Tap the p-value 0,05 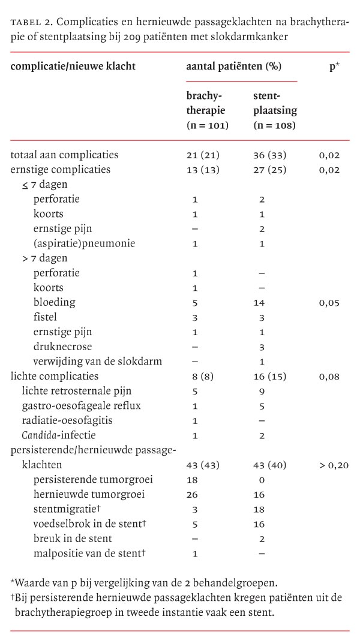tap(329, 303)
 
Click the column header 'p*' tap(334, 67)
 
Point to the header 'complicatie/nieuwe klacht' tap(73, 67)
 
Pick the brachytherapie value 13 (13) tap(203, 170)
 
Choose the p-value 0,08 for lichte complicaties tap(329, 377)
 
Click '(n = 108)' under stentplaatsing tap(274, 125)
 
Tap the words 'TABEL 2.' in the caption tap(31, 23)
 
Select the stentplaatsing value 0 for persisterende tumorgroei tap(262, 480)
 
